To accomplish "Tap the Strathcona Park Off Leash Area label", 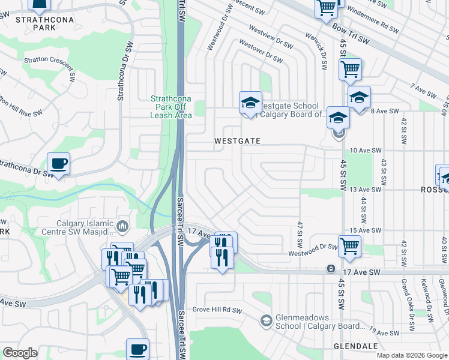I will (171, 107).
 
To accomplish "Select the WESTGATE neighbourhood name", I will (238, 141).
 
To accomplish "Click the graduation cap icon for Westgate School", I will (250, 103).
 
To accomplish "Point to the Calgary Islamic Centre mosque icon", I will (123, 226).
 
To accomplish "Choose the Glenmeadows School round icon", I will (266, 321).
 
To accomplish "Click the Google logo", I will (20, 353).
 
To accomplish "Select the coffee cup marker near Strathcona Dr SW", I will (59, 163).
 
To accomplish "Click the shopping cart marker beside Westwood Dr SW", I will (349, 245).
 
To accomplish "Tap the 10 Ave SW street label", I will (366, 150).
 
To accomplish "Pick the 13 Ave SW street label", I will (366, 189).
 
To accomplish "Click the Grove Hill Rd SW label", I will (217, 311).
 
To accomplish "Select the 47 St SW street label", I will (299, 236).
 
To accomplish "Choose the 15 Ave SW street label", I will (366, 230).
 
